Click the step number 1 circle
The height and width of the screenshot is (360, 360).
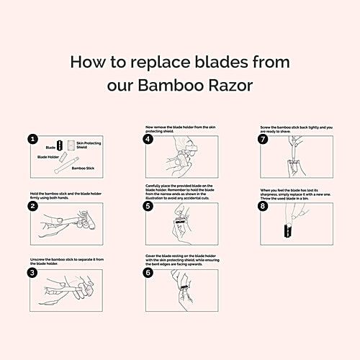33,140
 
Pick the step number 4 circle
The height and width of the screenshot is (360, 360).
148,140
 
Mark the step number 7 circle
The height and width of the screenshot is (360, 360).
264,140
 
